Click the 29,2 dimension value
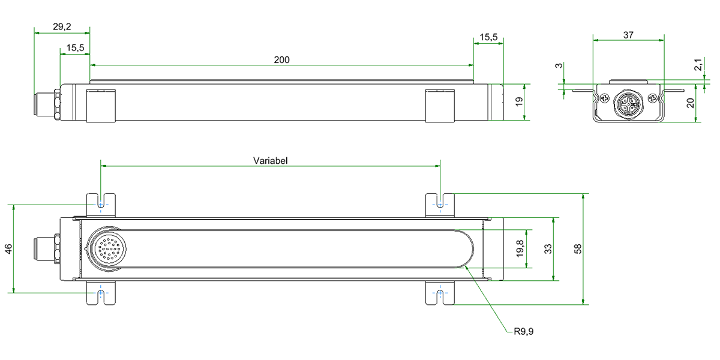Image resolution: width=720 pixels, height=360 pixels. click(61, 26)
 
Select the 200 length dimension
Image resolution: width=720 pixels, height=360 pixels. click(281, 59)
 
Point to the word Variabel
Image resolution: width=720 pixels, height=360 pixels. click(271, 161)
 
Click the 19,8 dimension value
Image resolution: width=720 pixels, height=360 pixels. click(520, 248)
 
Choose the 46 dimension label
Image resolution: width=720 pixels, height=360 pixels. click(8, 248)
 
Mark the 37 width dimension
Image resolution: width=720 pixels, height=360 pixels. click(628, 35)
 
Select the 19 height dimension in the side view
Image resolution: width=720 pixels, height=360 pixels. click(520, 102)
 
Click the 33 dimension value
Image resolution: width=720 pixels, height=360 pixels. click(548, 248)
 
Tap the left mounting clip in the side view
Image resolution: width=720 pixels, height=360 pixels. click(100, 106)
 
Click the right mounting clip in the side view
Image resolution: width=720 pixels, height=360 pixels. click(440, 106)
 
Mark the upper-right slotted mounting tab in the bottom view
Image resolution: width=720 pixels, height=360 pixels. click(440, 204)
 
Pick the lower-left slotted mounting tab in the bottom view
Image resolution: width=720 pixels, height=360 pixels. click(101, 293)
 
